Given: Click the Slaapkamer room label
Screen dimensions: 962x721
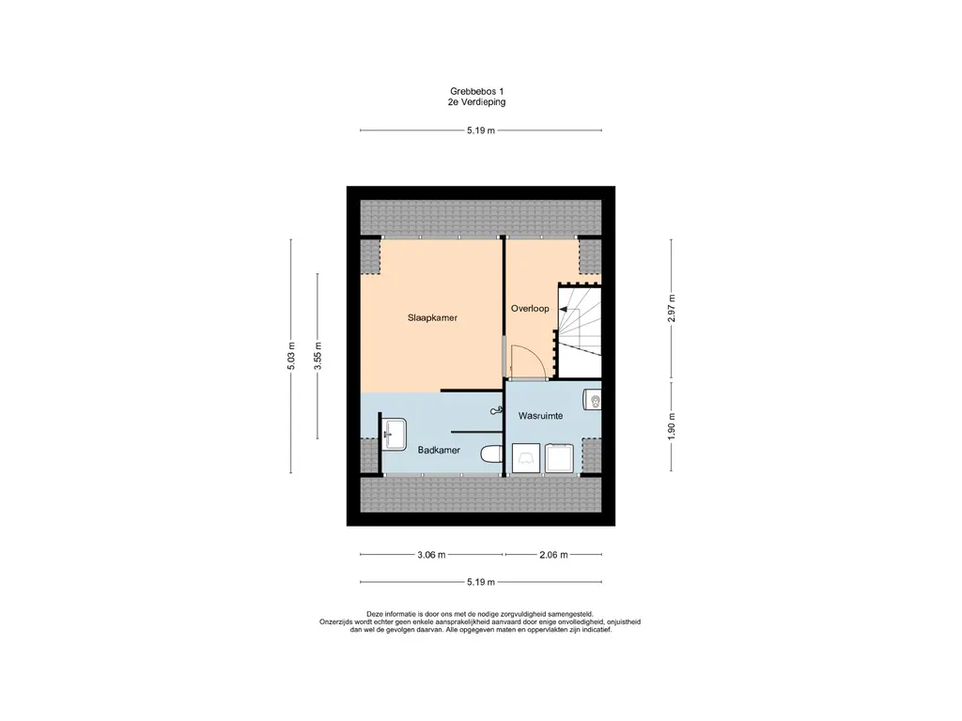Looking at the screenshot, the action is click(432, 317).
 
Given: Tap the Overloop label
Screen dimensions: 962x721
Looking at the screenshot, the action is click(530, 308).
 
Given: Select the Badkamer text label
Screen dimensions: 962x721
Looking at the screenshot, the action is click(439, 450).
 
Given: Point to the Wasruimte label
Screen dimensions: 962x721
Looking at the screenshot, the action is click(540, 416).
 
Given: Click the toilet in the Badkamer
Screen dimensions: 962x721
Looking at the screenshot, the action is click(491, 455).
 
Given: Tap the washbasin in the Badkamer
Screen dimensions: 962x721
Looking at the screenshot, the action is click(394, 434).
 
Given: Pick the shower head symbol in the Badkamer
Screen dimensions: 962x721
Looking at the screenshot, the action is click(496, 411).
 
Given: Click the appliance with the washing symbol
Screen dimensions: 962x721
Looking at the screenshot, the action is click(526, 458).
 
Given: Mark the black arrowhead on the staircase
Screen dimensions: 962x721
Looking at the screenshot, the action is click(564, 310).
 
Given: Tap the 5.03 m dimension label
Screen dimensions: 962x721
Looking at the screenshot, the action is click(291, 356).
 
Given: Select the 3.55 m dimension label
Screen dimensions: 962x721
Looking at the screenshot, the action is click(318, 356).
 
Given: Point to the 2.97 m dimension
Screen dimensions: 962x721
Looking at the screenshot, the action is click(671, 308).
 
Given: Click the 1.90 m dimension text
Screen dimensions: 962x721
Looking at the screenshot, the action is click(671, 426).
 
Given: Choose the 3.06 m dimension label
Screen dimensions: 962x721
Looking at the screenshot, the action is click(431, 555).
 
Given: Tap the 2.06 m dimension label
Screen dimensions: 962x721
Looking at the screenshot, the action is click(553, 555).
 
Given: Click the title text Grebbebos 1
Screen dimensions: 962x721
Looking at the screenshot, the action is click(476, 91).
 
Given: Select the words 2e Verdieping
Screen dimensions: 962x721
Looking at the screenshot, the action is click(476, 102).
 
